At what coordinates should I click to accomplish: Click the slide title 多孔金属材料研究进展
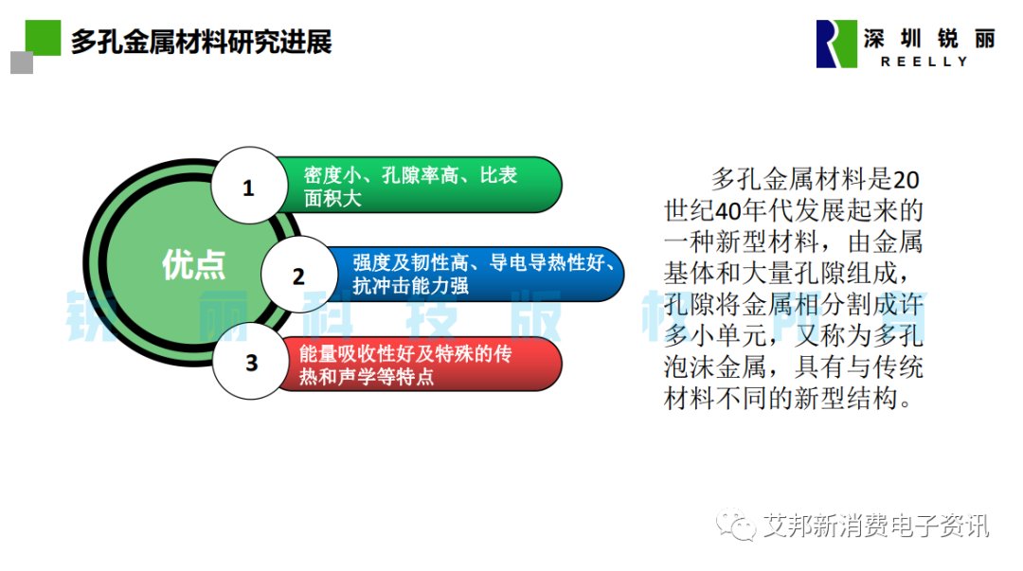(x=201, y=42)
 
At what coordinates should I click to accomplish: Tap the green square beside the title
(x=43, y=37)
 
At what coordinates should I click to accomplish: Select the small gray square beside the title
(x=22, y=63)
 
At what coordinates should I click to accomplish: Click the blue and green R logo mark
(x=836, y=44)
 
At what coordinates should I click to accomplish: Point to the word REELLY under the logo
(x=924, y=62)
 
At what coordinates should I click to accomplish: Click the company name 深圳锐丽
(x=930, y=39)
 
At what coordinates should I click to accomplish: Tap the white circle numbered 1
(x=248, y=186)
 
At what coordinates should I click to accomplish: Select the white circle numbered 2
(x=299, y=275)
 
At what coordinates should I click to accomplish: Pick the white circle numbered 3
(x=251, y=362)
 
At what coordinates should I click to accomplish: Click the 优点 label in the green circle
(x=193, y=264)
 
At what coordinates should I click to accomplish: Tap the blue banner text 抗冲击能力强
(x=410, y=285)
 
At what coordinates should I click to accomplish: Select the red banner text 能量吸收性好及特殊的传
(x=405, y=354)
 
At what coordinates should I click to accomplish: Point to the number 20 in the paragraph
(x=906, y=180)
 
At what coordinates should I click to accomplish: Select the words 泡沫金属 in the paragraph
(x=715, y=366)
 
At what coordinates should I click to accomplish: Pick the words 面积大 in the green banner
(x=332, y=198)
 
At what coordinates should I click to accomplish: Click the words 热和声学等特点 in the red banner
(x=366, y=377)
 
